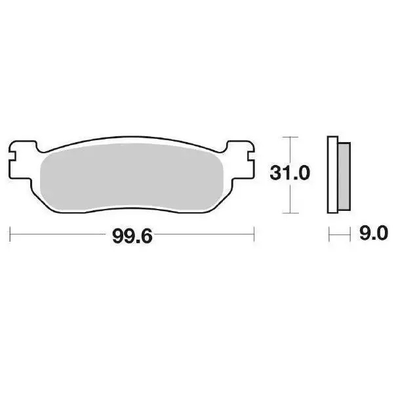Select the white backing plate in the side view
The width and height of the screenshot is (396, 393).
coord(332,176)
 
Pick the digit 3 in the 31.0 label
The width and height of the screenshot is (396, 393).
coord(275,174)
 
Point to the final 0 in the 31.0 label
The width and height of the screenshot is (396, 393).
coord(304,174)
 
